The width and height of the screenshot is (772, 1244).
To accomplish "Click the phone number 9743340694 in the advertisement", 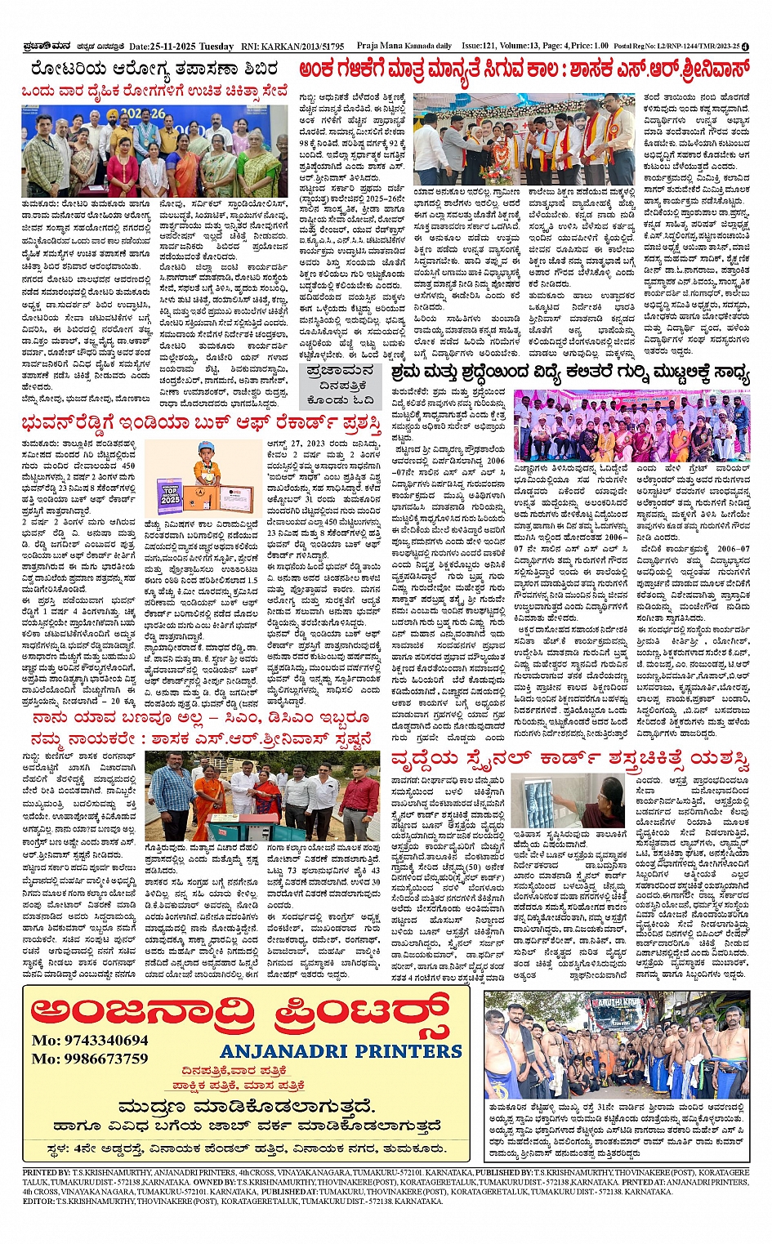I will tap(90, 1041).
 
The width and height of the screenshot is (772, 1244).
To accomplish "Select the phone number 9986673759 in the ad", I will tap(90, 1059).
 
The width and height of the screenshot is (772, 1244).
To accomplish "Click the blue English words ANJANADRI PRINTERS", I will tap(341, 1050).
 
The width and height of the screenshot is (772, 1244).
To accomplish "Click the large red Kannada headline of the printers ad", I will tap(241, 1010).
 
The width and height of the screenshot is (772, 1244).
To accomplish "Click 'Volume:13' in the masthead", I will tap(530, 47).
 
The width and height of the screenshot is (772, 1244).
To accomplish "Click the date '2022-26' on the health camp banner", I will tap(144, 114).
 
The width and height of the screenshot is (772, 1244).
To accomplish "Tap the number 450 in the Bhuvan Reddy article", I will tap(128, 466).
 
